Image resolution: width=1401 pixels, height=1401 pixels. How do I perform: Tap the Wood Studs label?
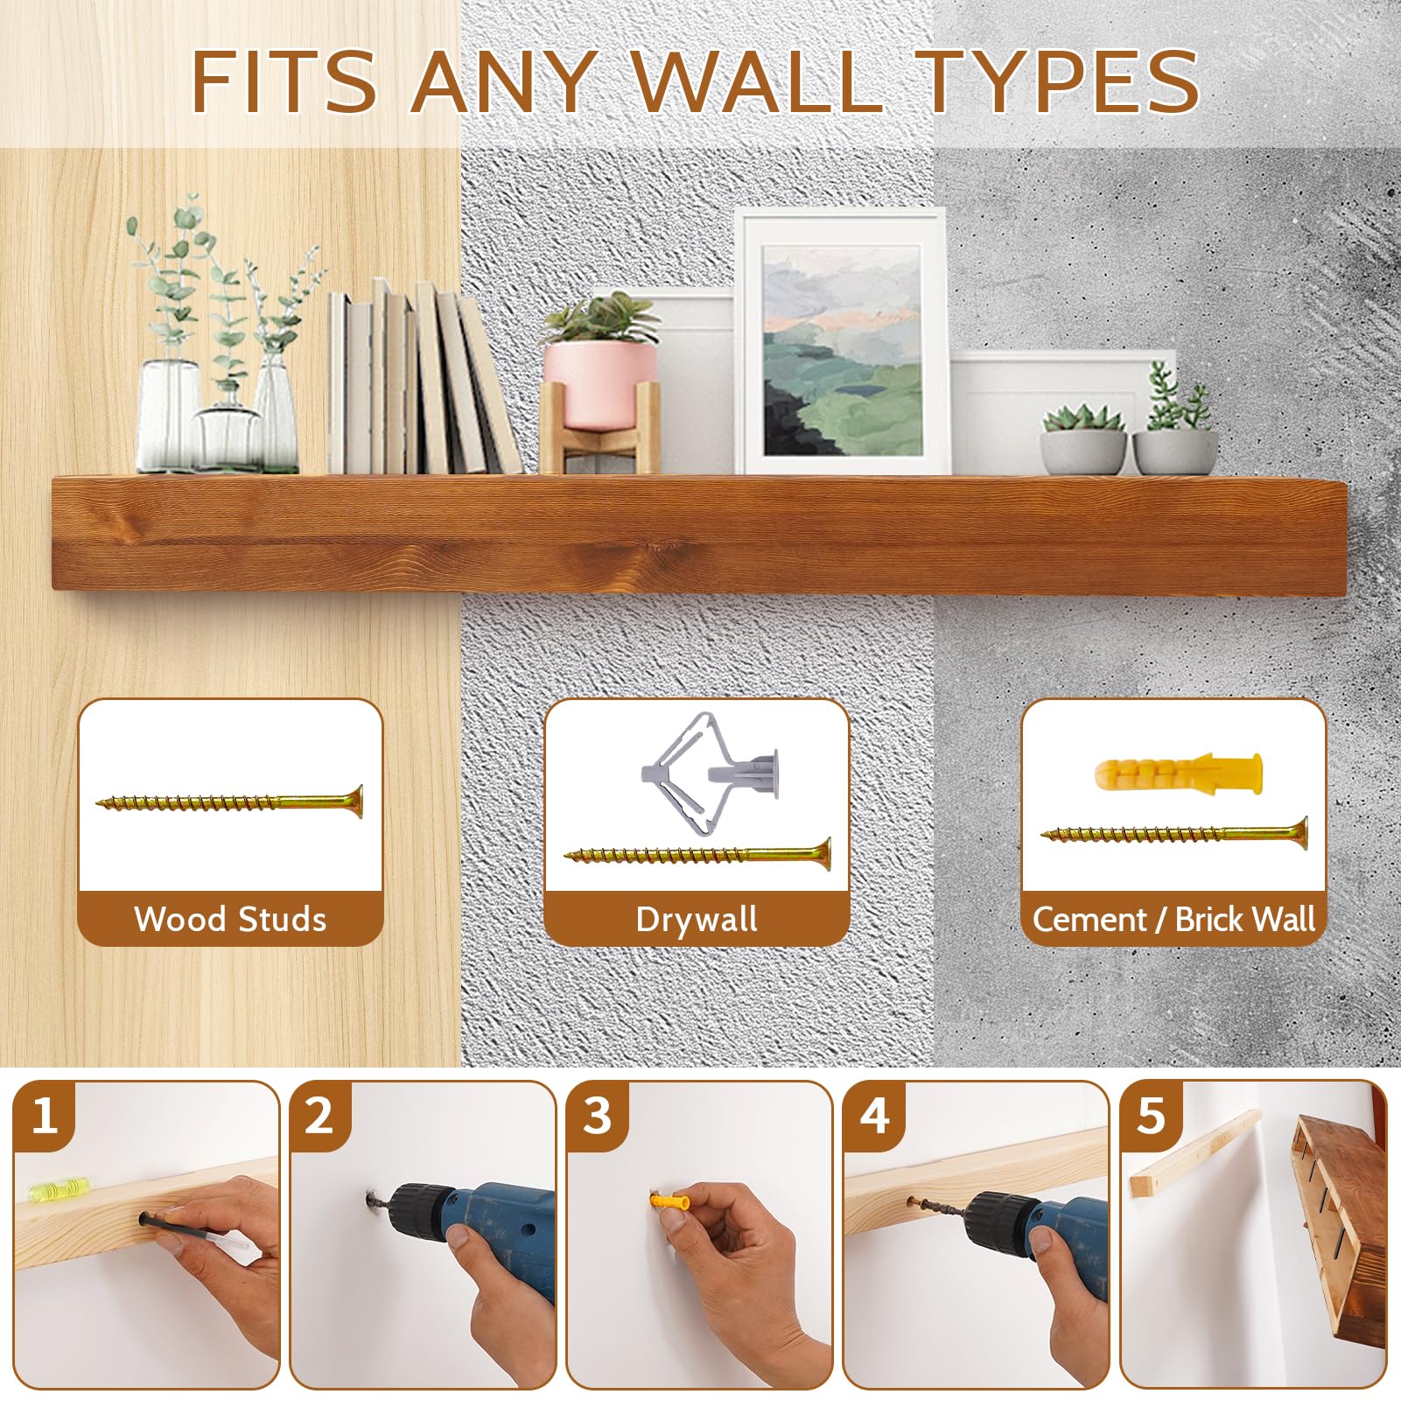[x=230, y=920]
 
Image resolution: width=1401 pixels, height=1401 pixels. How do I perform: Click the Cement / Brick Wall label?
[x=1173, y=920]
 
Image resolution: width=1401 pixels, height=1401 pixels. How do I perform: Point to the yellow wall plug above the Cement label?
[x=1179, y=773]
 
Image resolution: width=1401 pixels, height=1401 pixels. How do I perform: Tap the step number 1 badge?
[x=45, y=1117]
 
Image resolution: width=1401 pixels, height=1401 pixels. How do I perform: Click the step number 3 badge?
[x=597, y=1117]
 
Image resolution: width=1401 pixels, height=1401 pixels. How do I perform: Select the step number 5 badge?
[x=1151, y=1117]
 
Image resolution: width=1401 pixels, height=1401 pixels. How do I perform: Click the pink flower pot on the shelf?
[x=599, y=385]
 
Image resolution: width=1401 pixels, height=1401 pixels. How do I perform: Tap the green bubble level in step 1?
[x=60, y=1188]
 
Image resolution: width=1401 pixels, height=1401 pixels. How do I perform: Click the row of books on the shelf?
[x=424, y=378]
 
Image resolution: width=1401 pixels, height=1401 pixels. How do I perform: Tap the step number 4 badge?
[x=874, y=1117]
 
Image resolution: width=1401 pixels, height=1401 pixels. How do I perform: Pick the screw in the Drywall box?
[x=697, y=853]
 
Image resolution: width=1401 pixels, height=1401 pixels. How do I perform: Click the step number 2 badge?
[x=319, y=1117]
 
